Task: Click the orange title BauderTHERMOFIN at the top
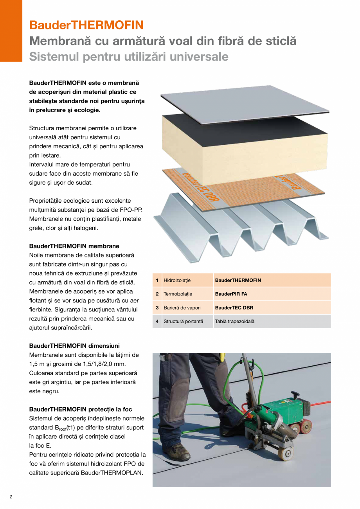coord(86,25)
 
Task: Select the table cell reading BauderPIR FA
coord(231,294)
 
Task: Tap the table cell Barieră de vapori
coord(182,308)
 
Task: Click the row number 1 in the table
coord(157,280)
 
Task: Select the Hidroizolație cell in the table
coord(177,280)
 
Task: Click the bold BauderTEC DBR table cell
coord(234,308)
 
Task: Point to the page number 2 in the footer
coord(11,497)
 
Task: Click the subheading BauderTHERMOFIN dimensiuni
coord(74,346)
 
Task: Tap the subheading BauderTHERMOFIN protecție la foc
coord(81,409)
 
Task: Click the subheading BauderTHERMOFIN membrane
coord(74,246)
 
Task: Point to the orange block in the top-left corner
coord(11,31)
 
